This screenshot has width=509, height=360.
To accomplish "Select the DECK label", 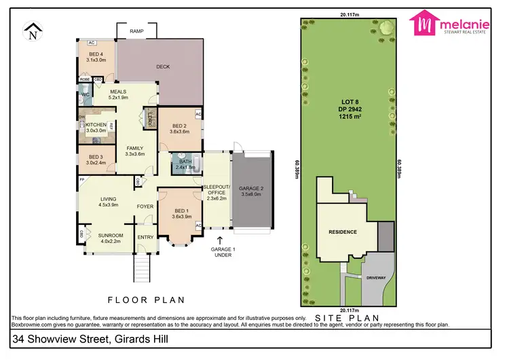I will pyautogui.click(x=163, y=67).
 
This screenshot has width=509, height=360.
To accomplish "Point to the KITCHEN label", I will pyautogui.click(x=96, y=125).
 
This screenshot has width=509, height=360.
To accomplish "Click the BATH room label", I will pyautogui.click(x=185, y=161).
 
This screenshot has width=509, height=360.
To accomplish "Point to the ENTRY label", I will pyautogui.click(x=146, y=237).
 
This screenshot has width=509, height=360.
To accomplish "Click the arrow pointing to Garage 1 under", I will pyautogui.click(x=219, y=240).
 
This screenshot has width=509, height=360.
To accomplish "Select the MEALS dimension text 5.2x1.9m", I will pyautogui.click(x=119, y=97).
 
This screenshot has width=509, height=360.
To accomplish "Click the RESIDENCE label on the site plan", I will pyautogui.click(x=343, y=232).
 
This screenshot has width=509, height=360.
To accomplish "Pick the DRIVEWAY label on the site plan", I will pyautogui.click(x=375, y=277).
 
